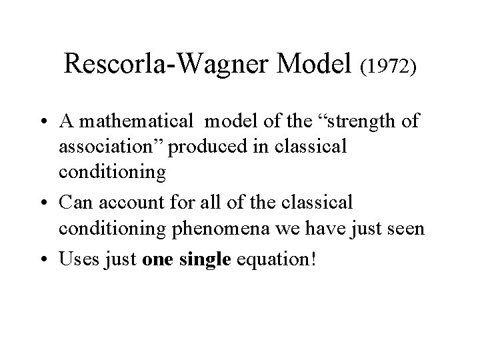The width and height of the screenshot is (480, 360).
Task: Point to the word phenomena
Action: tap(211, 229)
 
